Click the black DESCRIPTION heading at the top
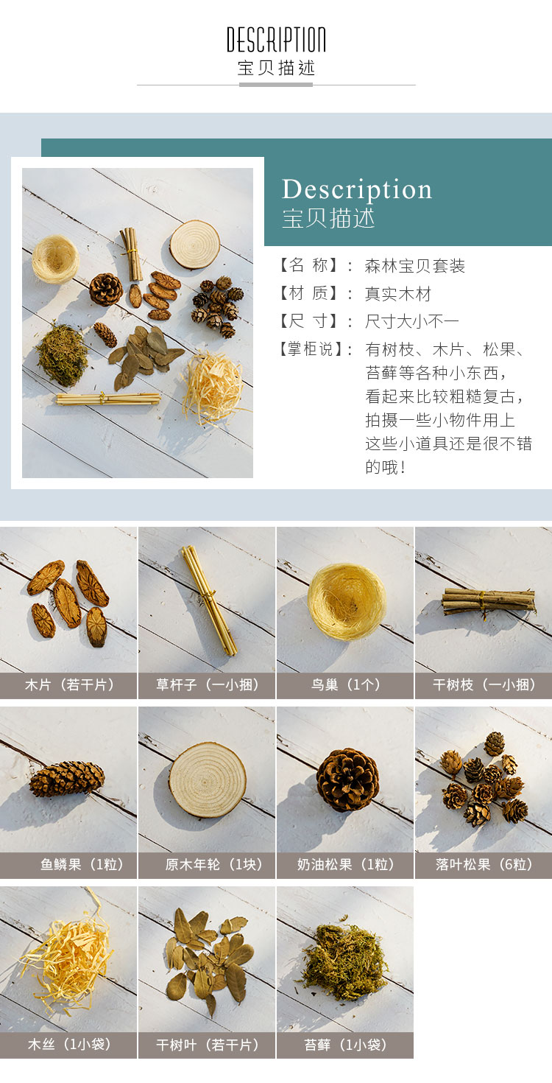[276, 40]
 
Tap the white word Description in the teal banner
[357, 189]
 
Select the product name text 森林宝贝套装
[415, 266]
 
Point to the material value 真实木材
[398, 293]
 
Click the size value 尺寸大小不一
[412, 321]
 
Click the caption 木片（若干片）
[69, 684]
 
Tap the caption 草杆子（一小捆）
[208, 684]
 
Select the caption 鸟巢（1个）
[346, 684]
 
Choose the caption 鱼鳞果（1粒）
[82, 864]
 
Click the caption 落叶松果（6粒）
[484, 864]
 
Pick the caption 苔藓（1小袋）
[346, 1045]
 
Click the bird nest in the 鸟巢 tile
[347, 602]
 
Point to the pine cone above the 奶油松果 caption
[347, 779]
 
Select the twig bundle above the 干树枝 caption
[489, 601]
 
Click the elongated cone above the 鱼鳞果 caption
[67, 779]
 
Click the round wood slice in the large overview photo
[194, 244]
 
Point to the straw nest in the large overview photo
[55, 259]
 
